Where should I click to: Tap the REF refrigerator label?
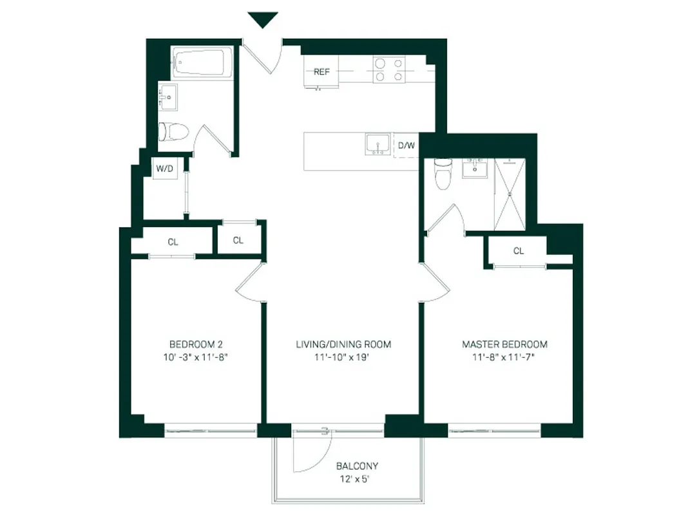321,71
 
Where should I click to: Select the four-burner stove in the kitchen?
389,70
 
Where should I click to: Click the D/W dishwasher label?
406,145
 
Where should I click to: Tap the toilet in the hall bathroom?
173,132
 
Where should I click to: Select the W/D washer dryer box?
164,169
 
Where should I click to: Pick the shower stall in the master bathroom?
510,193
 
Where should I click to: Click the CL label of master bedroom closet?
519,251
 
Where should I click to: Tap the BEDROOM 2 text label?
196,344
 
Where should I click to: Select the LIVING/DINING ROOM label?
343,344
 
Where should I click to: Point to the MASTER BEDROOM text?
504,344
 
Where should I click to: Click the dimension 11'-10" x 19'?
343,357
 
